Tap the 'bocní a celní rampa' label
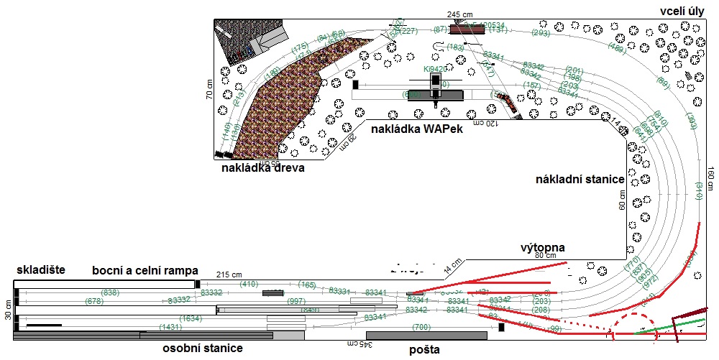(x=145, y=270)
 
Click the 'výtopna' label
(x=543, y=248)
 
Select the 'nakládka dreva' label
(x=262, y=169)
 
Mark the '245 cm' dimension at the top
(x=460, y=14)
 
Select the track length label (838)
(x=111, y=292)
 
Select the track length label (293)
(x=541, y=33)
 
